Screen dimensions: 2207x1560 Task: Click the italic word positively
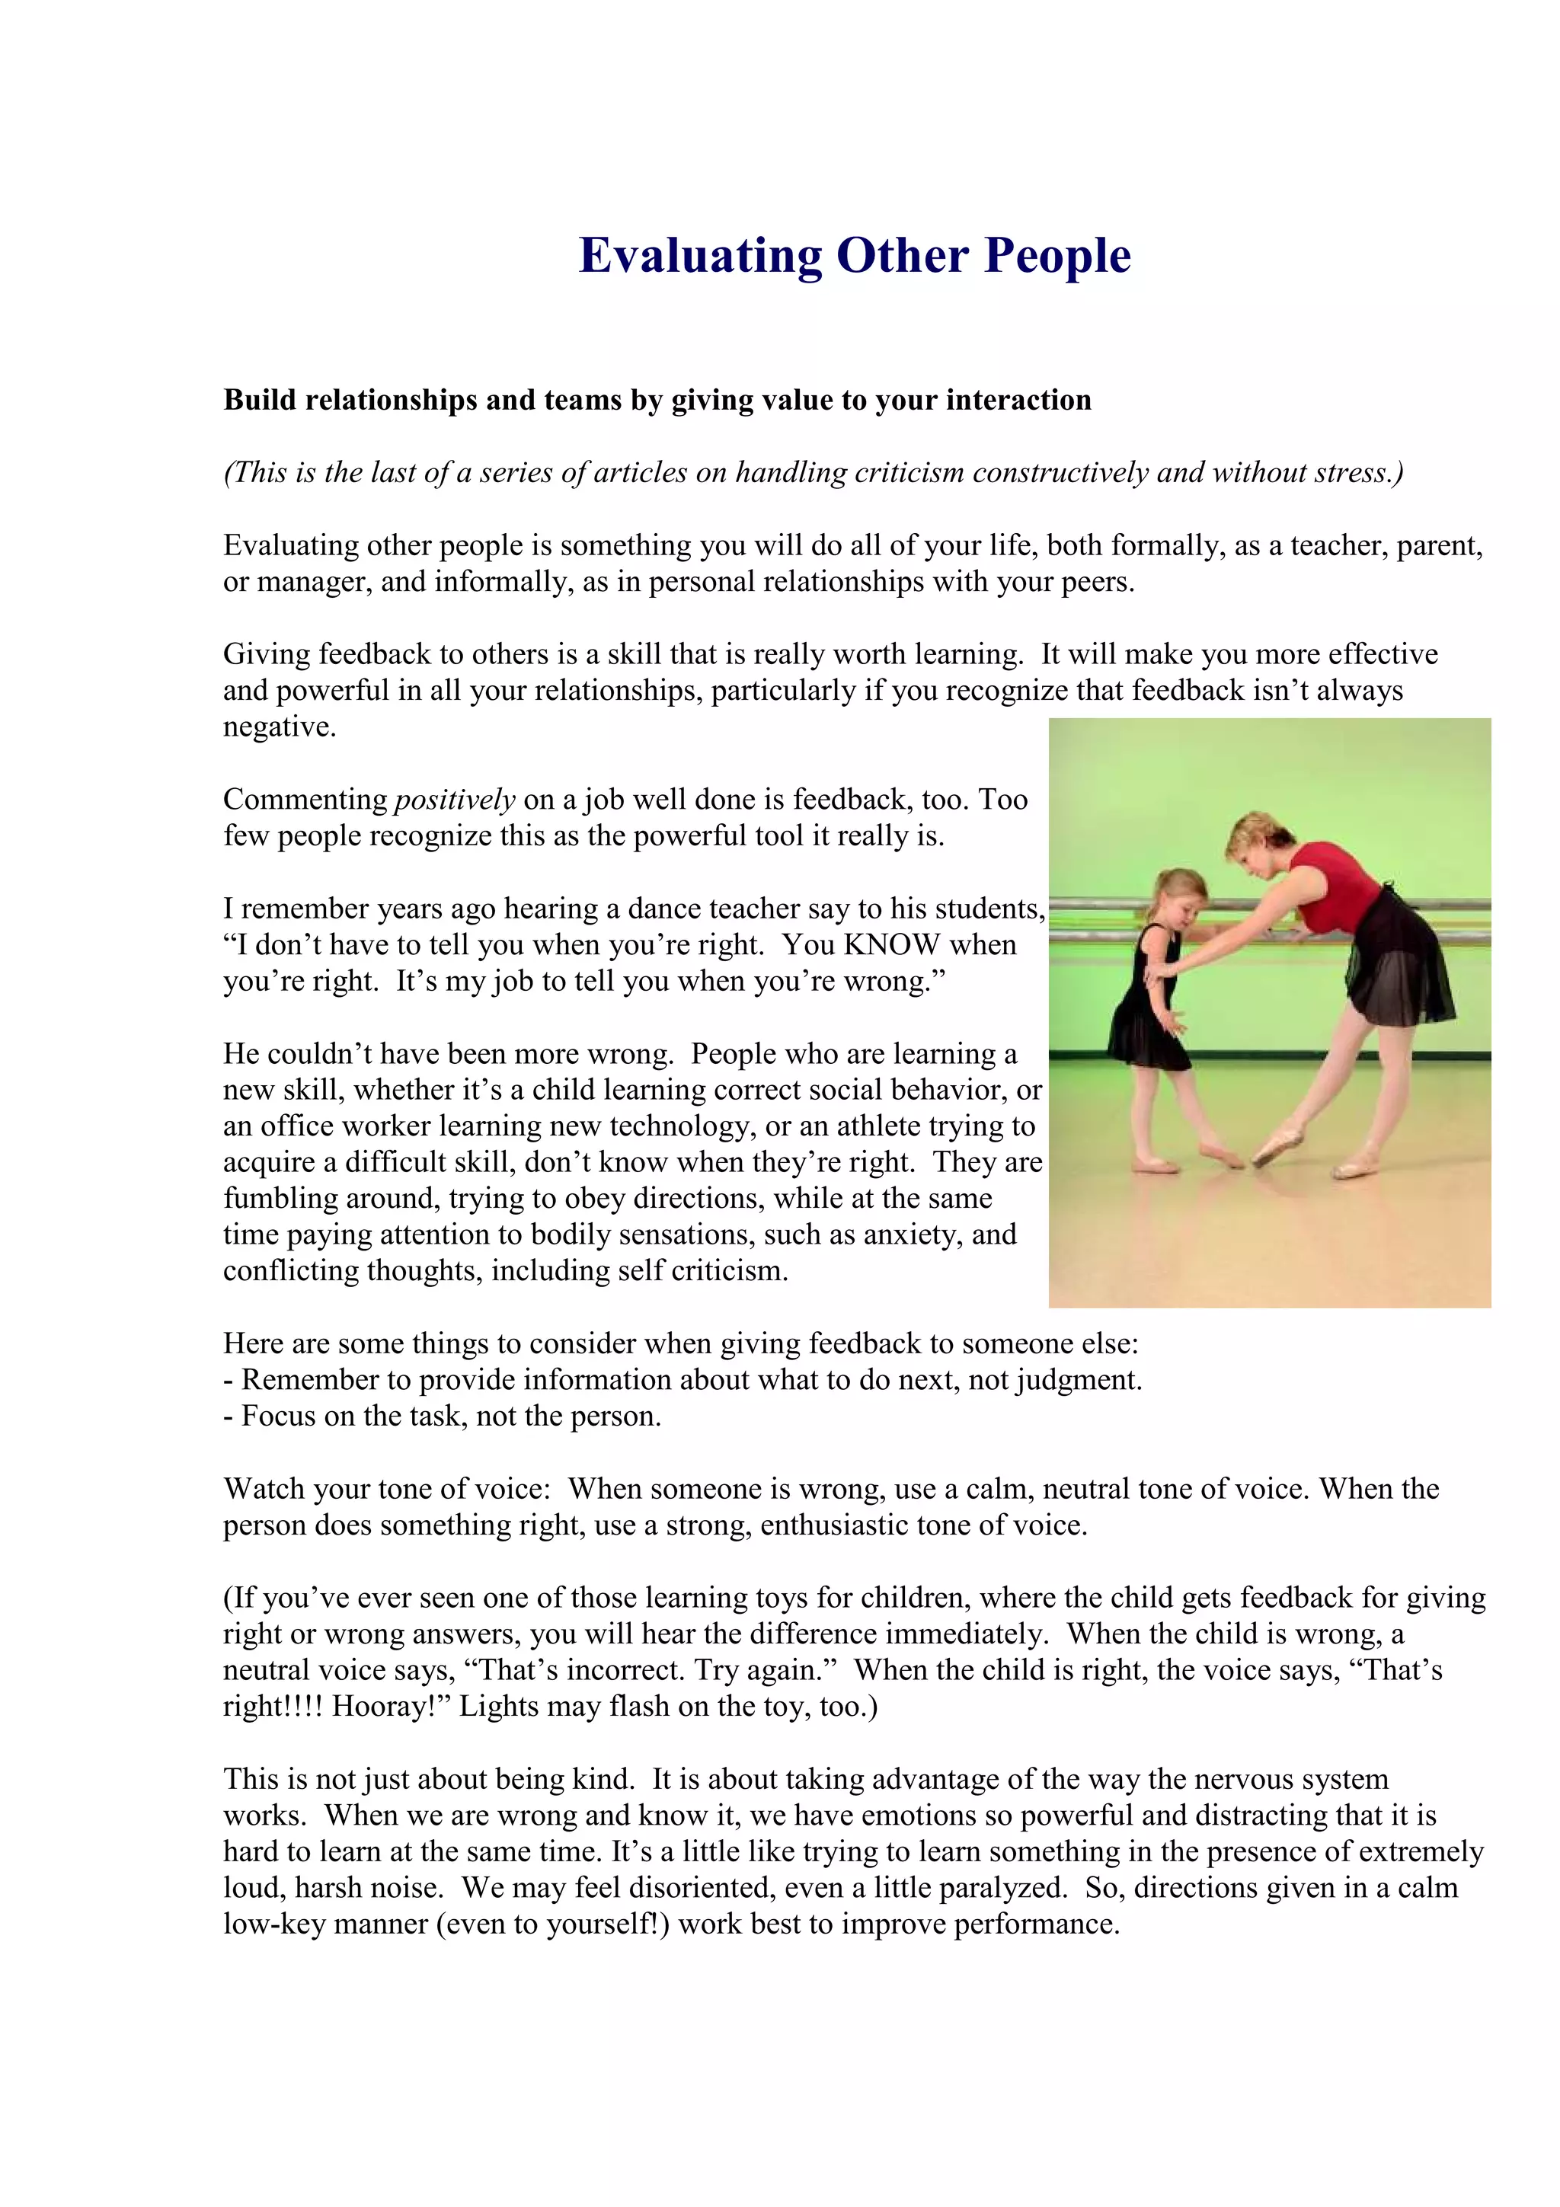pos(455,800)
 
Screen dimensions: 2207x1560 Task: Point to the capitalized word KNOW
pos(891,945)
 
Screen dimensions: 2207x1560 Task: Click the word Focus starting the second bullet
pos(279,1416)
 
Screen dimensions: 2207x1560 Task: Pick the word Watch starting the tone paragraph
pos(265,1489)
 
